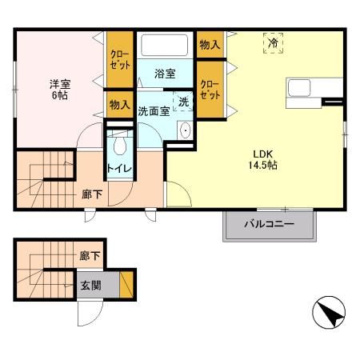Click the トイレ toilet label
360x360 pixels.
121,170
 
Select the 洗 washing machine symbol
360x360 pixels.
182,102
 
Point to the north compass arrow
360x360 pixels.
330,312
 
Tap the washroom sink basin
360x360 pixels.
185,133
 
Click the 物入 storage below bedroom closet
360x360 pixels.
119,104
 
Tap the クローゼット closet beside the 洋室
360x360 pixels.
120,59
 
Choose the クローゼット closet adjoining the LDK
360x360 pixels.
209,90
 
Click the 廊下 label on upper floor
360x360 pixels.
90,193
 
